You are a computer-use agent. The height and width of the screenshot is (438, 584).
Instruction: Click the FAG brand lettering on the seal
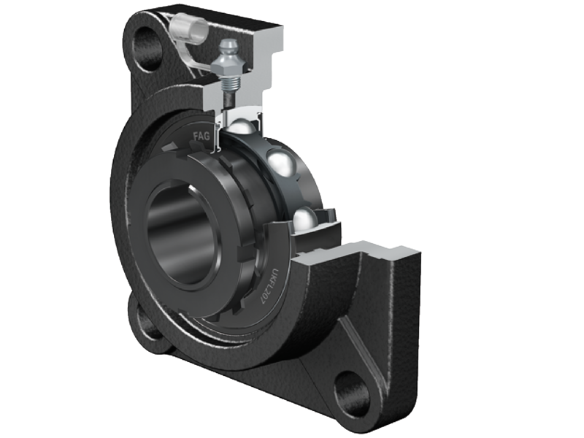[201, 136]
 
